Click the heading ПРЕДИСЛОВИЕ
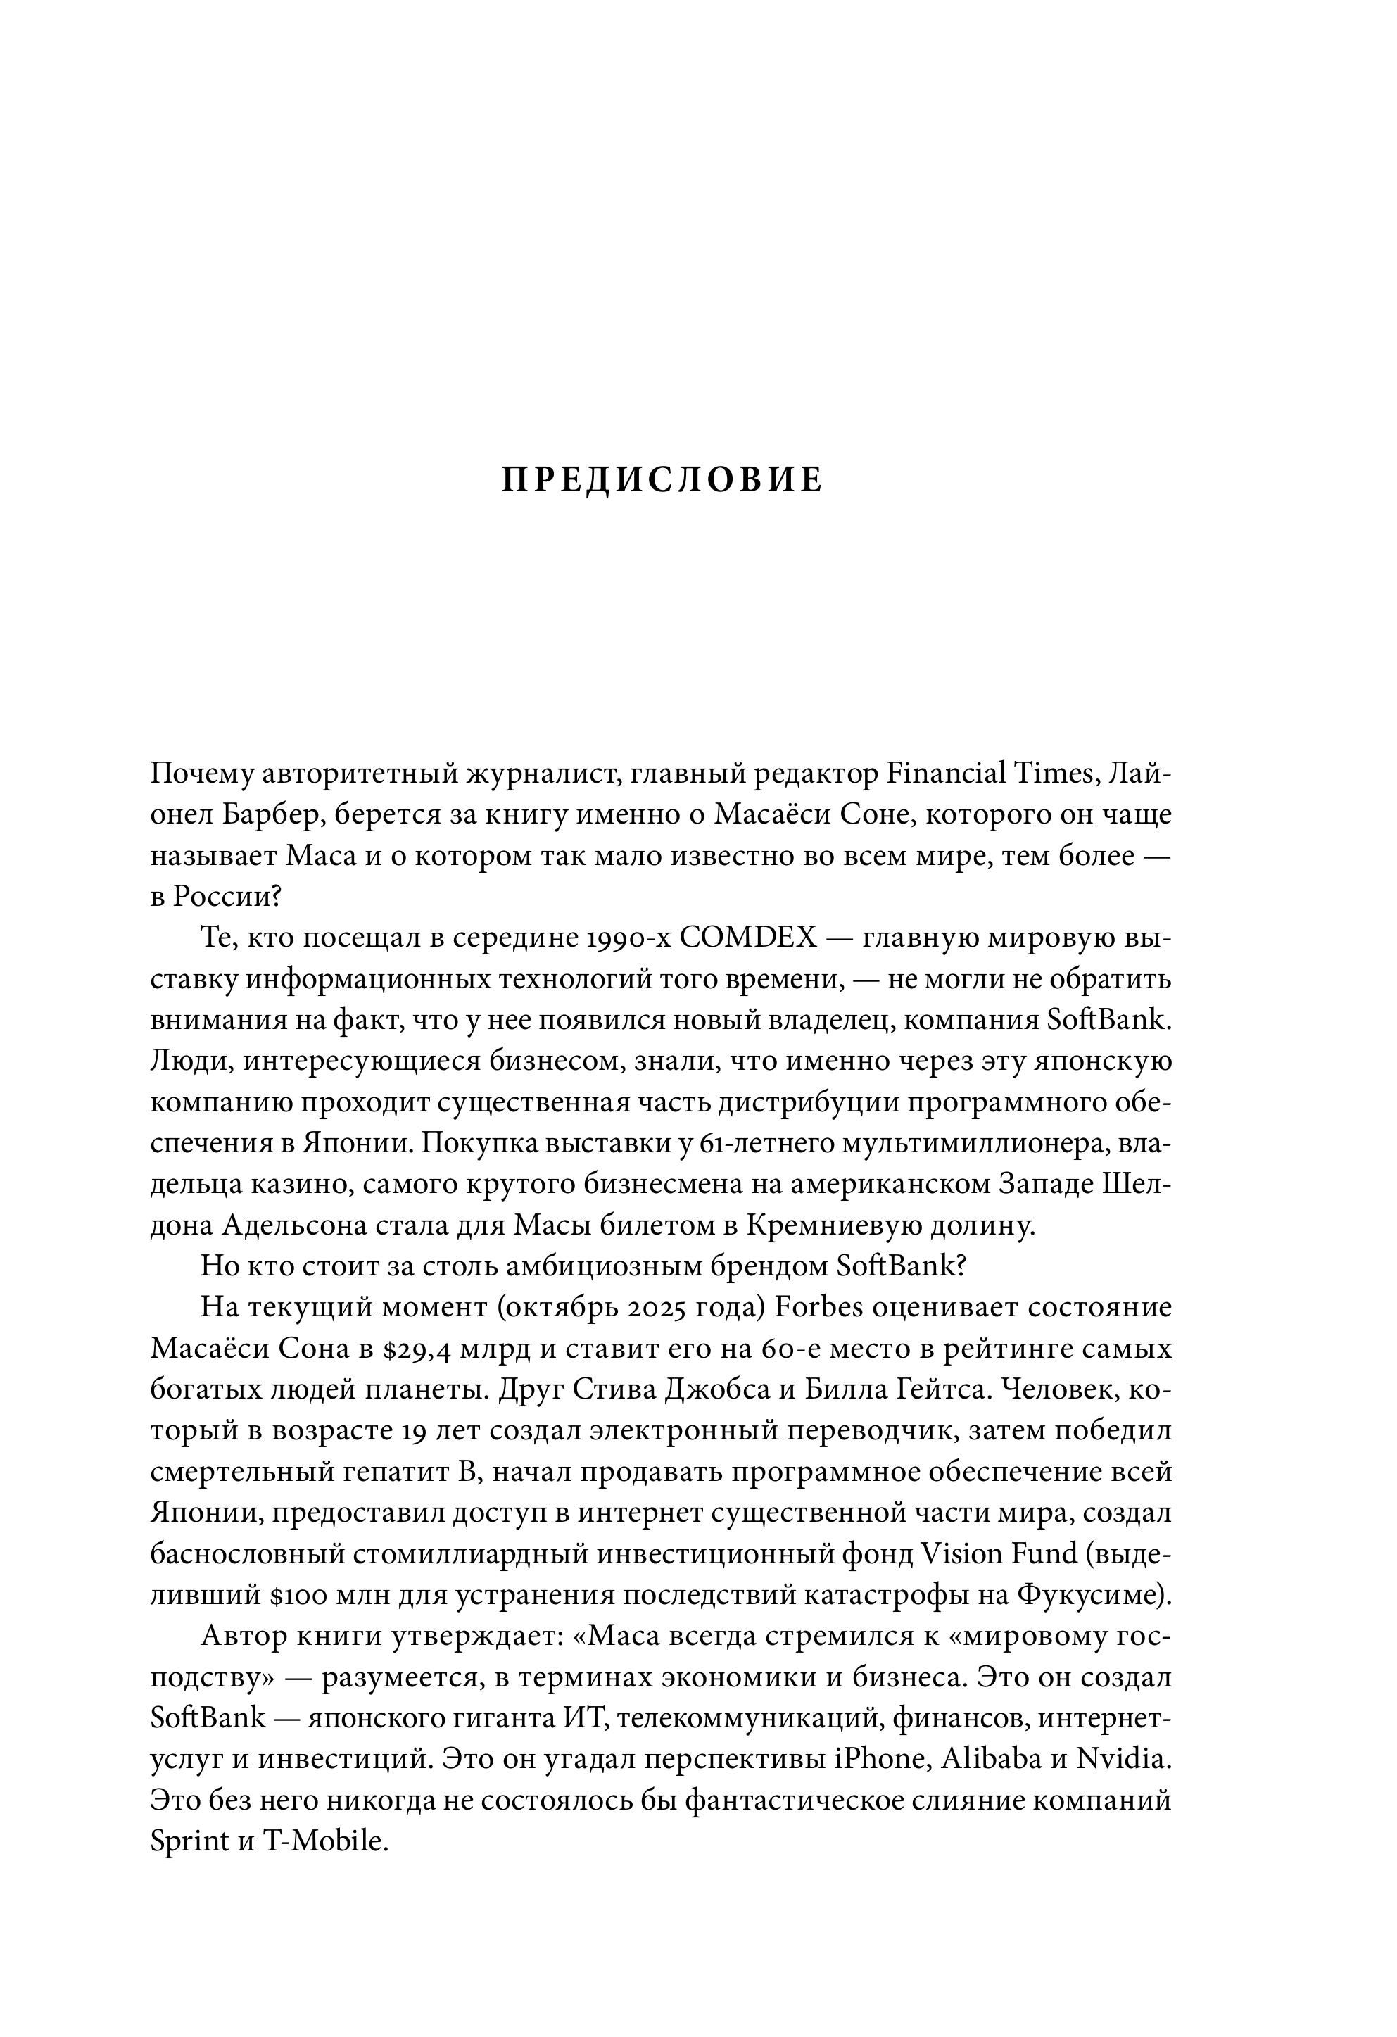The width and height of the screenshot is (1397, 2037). (x=662, y=480)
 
